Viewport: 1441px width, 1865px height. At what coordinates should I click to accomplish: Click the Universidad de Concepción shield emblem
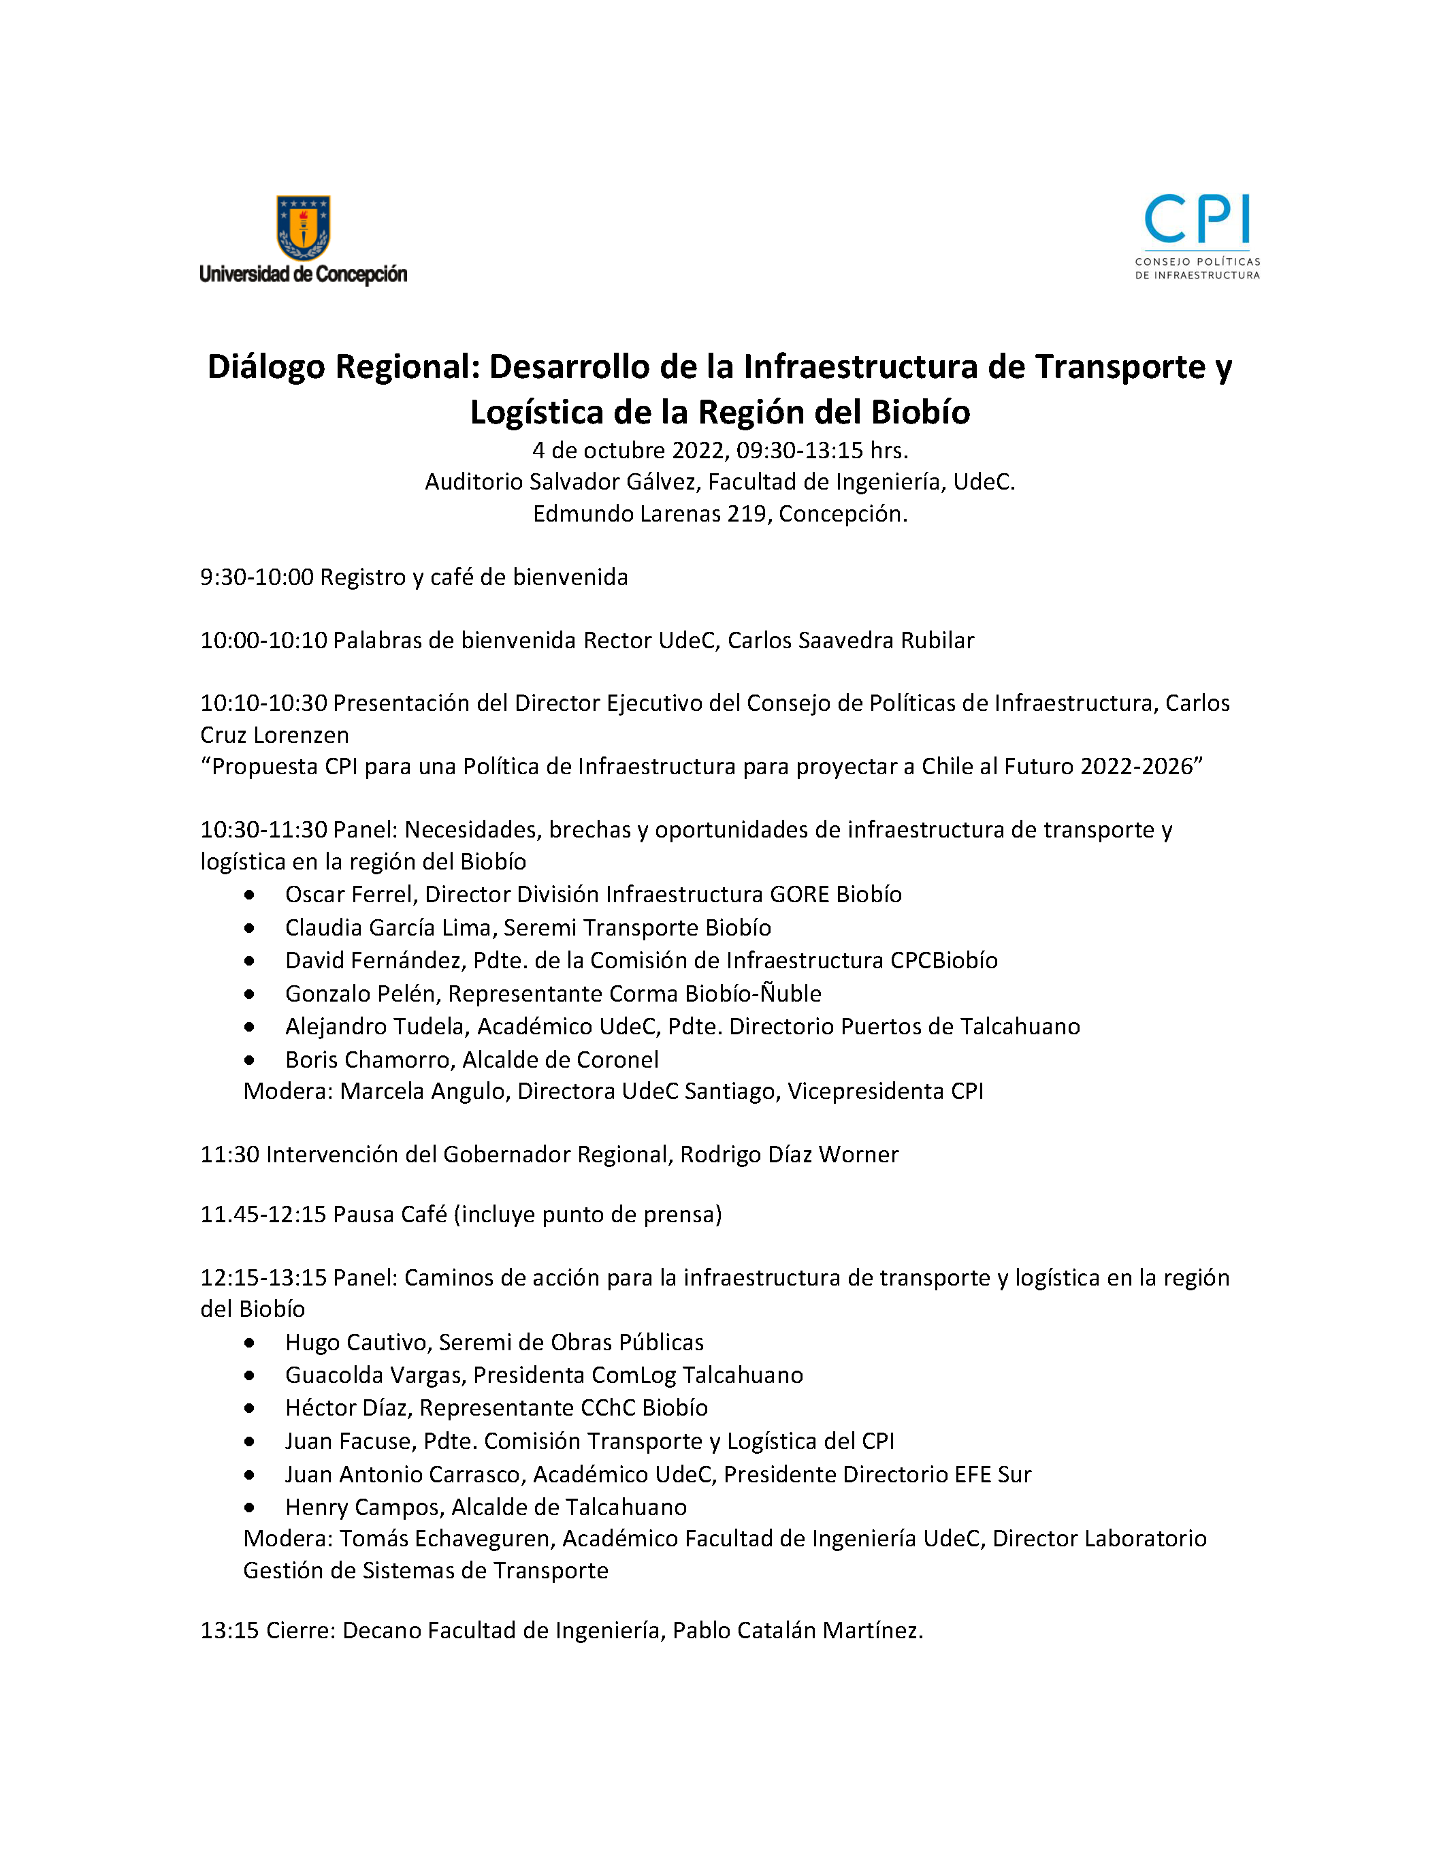click(x=303, y=226)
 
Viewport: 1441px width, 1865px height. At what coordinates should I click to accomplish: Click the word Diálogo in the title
click(x=266, y=366)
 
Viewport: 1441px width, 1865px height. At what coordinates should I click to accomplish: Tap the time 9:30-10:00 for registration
click(x=257, y=577)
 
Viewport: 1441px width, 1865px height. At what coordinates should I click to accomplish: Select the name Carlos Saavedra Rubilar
click(x=850, y=641)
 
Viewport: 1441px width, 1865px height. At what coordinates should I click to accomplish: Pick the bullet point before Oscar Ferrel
click(x=249, y=895)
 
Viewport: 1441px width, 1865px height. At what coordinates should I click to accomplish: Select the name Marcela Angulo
click(x=423, y=1091)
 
